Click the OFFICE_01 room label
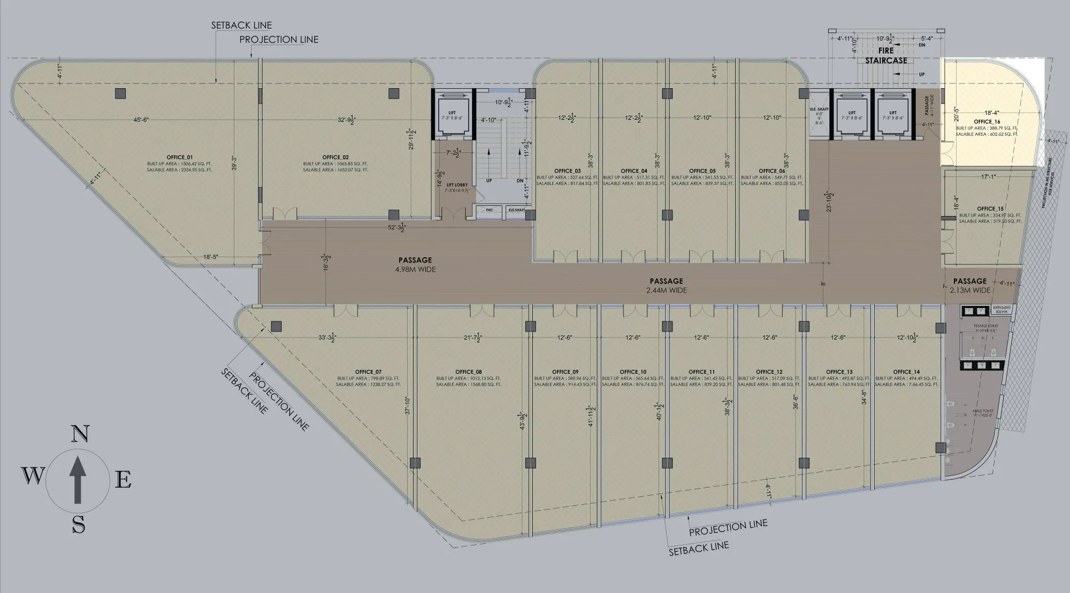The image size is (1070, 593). tap(179, 157)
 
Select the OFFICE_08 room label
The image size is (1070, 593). tap(469, 372)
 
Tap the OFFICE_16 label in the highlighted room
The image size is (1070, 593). tap(987, 122)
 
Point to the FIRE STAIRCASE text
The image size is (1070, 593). tap(886, 56)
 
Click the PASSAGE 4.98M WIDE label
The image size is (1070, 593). tap(415, 265)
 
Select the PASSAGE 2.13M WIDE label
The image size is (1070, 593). tap(970, 286)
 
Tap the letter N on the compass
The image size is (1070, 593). tap(80, 434)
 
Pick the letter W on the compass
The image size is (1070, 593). tap(33, 475)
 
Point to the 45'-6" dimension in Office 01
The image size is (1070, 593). tap(141, 120)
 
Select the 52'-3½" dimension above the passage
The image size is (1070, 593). tap(396, 228)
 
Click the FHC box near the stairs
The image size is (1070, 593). tap(489, 211)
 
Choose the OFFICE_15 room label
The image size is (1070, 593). tap(990, 209)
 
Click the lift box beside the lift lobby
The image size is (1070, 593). tap(453, 115)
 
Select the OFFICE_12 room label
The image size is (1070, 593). tap(769, 372)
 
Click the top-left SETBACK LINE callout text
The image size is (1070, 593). tap(241, 25)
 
